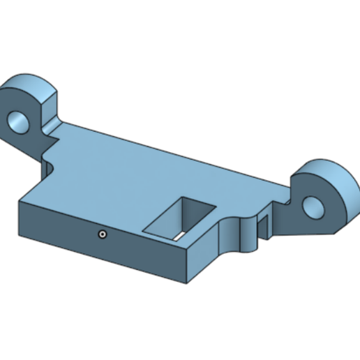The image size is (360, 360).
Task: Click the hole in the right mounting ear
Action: [313, 206]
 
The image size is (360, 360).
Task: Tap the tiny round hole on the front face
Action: [102, 234]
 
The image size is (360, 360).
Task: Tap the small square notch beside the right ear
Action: [263, 225]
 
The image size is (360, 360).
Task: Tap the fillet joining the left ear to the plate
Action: [49, 129]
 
